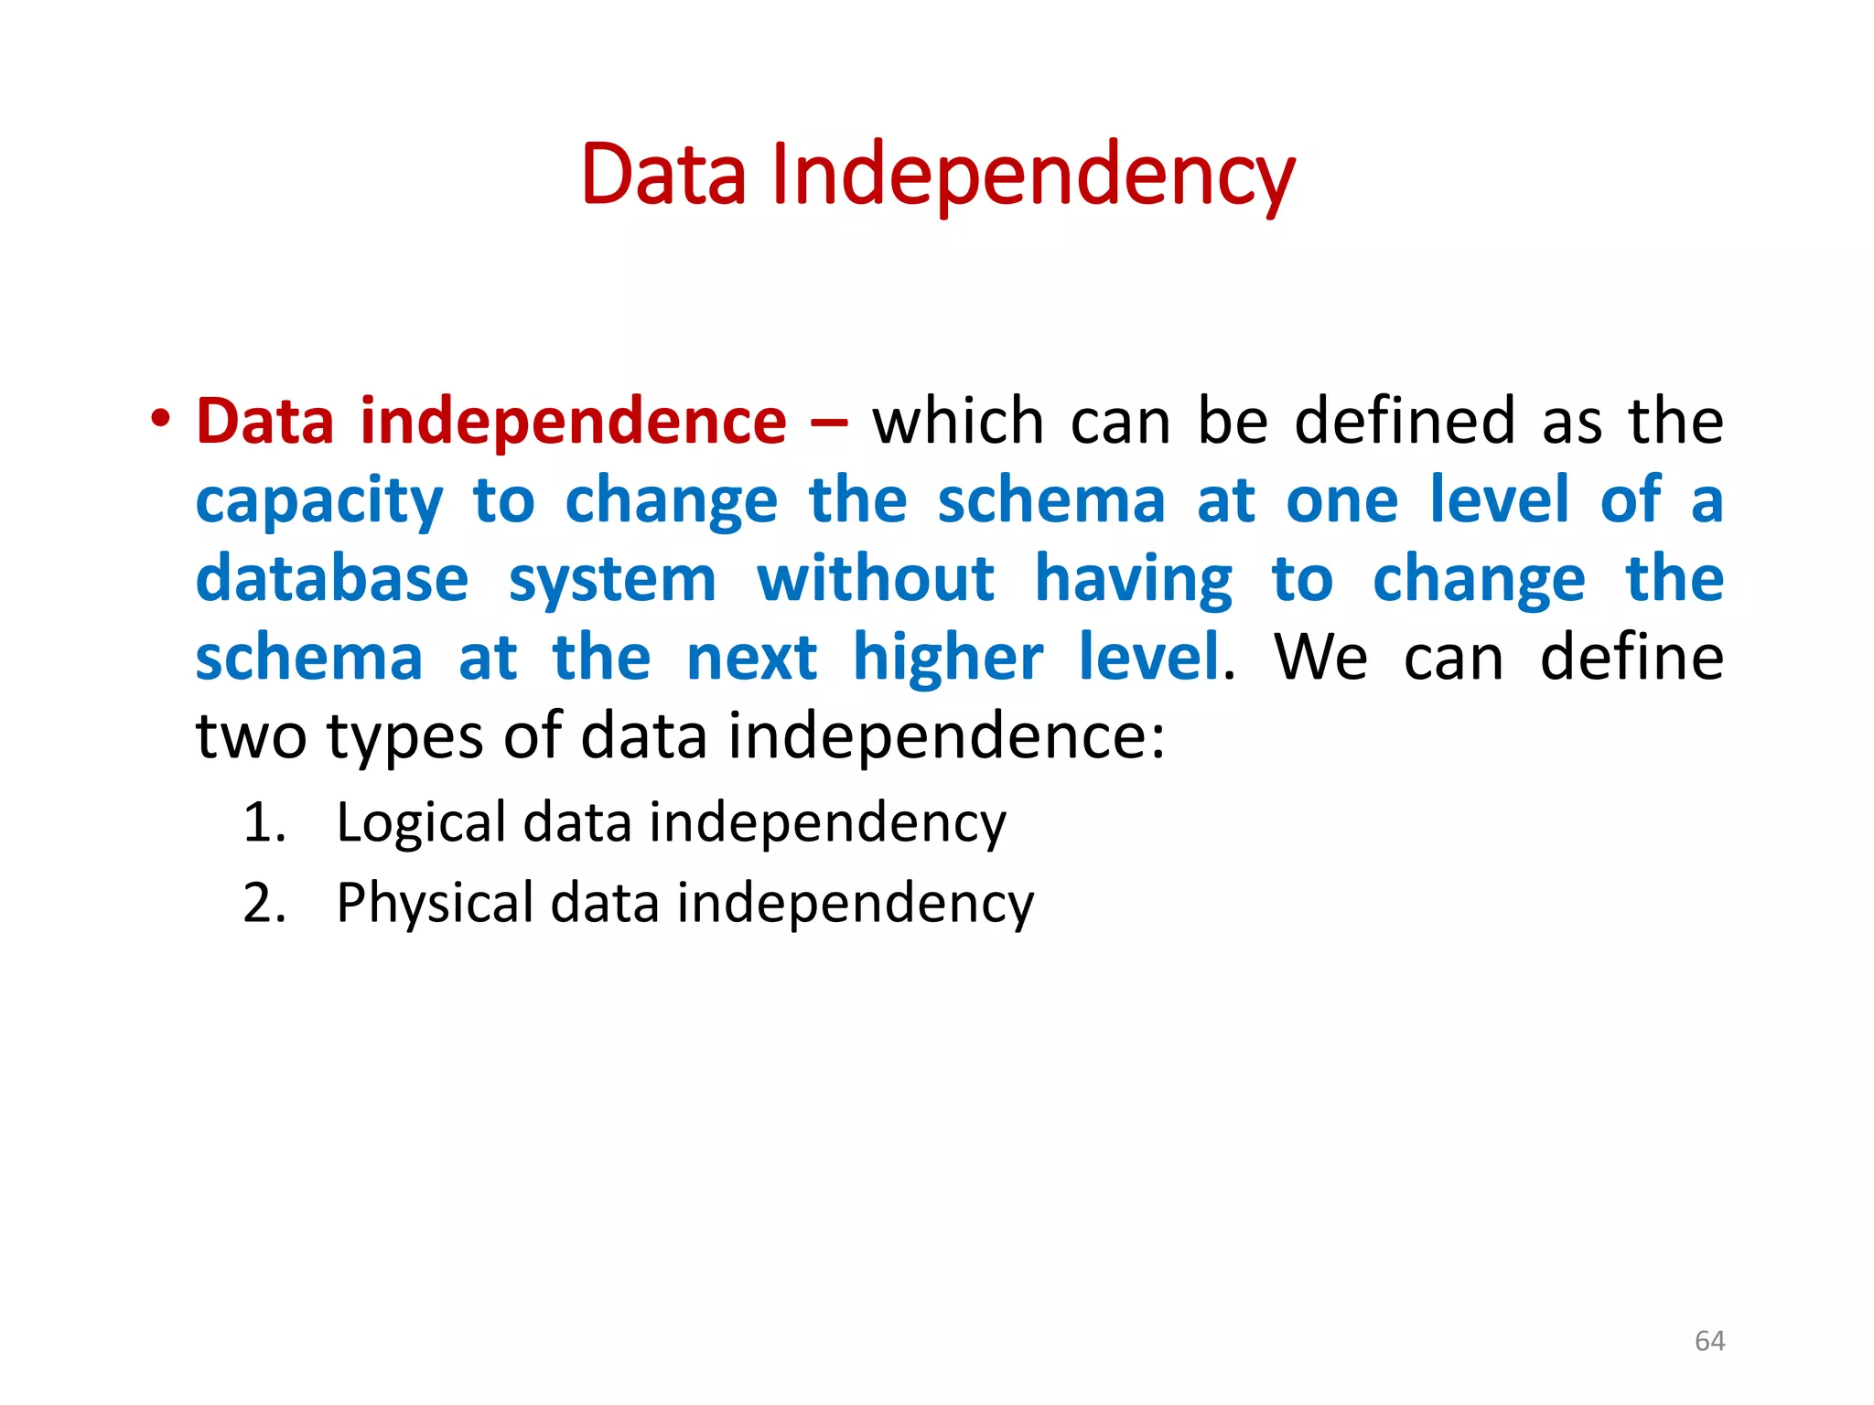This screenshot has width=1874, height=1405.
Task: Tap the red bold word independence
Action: point(573,422)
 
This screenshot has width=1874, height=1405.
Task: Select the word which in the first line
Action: point(957,422)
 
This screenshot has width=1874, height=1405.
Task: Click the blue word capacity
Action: point(319,502)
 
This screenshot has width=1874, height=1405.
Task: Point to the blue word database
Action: point(332,580)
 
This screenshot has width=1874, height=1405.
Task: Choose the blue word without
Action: point(876,580)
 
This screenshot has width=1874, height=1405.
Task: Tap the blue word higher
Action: point(948,659)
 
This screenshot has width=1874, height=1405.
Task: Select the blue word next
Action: point(751,659)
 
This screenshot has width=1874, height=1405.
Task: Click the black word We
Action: point(1320,659)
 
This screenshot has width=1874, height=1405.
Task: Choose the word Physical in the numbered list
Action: point(435,904)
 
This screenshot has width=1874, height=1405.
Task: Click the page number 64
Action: point(1709,1341)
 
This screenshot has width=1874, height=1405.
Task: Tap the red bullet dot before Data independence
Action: point(161,420)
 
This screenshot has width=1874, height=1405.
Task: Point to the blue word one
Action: point(1342,502)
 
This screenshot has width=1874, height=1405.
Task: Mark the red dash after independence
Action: point(829,424)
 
